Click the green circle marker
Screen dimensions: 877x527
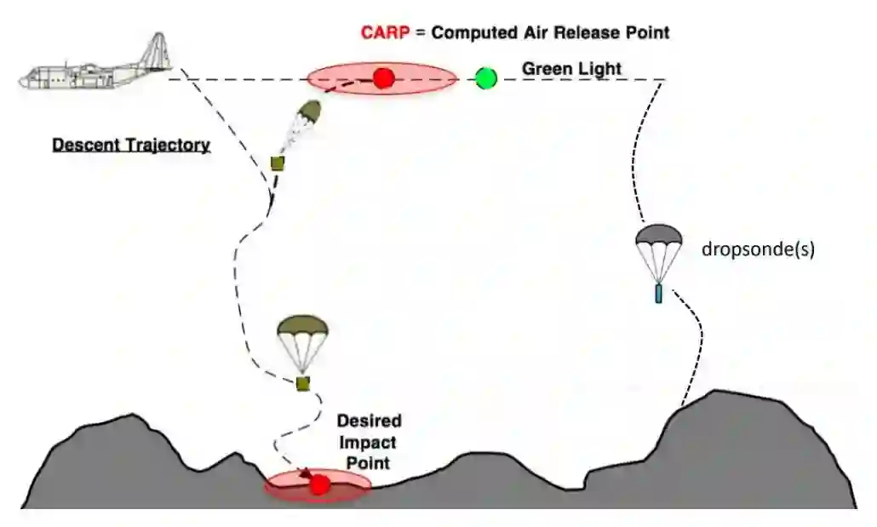(486, 79)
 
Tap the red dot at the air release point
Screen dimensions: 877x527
(383, 79)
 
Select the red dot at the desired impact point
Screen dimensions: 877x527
(319, 484)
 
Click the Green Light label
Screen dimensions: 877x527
(559, 68)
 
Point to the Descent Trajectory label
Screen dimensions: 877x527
(131, 145)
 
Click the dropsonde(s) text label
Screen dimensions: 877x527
(757, 250)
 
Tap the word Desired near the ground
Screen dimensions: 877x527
(369, 421)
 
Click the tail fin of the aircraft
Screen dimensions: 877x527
(157, 49)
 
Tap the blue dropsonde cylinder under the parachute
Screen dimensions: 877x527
(658, 294)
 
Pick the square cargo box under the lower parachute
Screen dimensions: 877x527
(302, 384)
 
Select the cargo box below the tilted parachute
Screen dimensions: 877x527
(277, 163)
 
